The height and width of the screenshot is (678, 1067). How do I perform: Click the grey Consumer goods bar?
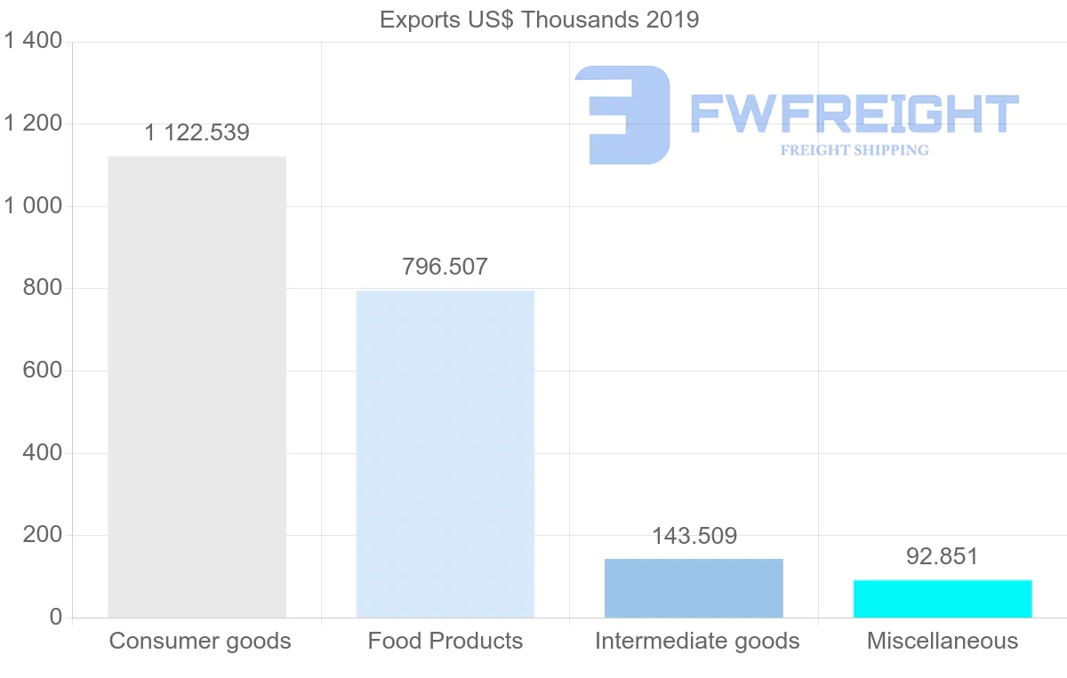point(197,387)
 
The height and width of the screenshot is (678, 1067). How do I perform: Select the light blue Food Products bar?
point(445,453)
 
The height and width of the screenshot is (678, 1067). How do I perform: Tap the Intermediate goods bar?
point(694,588)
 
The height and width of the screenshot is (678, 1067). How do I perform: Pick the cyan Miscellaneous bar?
point(943,599)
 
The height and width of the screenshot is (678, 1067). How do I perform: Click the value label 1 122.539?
point(197,133)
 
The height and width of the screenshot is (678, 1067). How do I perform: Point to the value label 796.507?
point(445,267)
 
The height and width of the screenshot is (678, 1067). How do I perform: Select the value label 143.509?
point(694,536)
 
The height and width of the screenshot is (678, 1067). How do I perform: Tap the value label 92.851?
point(943,557)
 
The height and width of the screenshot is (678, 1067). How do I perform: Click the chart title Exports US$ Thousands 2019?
point(539,20)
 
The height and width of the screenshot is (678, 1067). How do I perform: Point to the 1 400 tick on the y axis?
point(33,41)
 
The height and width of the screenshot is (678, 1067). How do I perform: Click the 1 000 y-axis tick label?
point(33,206)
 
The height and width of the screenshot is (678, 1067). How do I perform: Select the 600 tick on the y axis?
point(42,371)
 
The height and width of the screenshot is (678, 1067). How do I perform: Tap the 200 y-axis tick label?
point(42,535)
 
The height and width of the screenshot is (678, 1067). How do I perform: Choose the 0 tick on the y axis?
point(56,618)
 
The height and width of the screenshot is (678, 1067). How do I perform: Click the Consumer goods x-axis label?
point(200,641)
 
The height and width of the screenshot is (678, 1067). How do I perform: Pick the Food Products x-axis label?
point(445,641)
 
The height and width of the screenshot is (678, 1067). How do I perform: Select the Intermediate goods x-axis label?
point(697,641)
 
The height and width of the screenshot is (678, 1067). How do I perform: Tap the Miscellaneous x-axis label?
point(943,641)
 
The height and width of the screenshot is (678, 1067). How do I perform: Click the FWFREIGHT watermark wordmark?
point(854,114)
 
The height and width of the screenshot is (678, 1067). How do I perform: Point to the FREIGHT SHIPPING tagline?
point(854,150)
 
